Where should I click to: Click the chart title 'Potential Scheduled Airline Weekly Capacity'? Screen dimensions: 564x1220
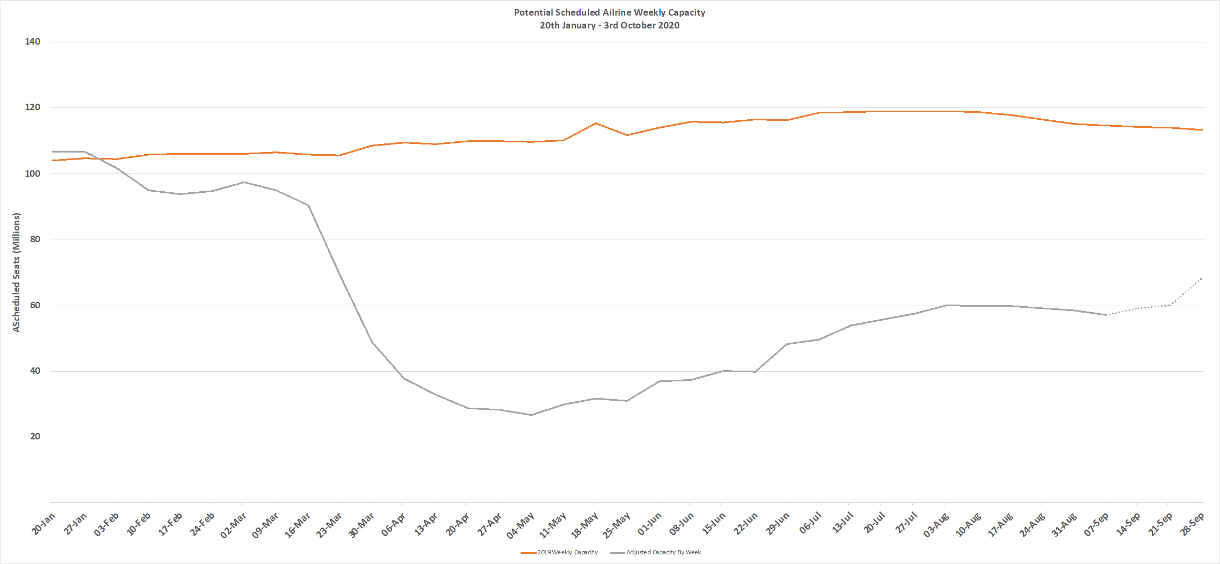[x=609, y=12]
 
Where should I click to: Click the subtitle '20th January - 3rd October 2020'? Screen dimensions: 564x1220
[x=609, y=25]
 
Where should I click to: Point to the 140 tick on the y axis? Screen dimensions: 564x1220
[x=32, y=42]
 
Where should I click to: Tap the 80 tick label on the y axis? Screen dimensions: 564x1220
[x=35, y=240]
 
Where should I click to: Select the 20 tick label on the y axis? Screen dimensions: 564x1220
[x=35, y=437]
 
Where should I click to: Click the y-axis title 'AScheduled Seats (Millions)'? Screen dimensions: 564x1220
[x=17, y=272]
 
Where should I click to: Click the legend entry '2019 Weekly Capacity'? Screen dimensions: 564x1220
[x=567, y=552]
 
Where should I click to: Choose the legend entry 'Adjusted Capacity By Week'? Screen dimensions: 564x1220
[x=663, y=552]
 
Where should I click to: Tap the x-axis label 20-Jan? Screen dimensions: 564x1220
[x=44, y=524]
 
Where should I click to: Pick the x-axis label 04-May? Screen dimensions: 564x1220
[x=521, y=525]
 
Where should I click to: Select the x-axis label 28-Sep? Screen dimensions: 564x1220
[x=1192, y=524]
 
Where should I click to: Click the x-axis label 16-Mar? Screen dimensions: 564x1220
[x=298, y=525]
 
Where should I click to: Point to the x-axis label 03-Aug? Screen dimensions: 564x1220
[x=936, y=525]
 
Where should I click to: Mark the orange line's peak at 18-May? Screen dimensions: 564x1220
[x=595, y=124]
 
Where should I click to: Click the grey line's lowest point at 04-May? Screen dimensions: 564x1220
[x=531, y=415]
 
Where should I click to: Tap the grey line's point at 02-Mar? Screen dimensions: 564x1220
[x=243, y=182]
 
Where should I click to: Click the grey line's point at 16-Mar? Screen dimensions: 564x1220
[x=308, y=205]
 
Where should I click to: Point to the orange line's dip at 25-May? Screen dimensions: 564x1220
[x=627, y=135]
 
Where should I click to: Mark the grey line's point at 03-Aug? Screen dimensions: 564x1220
[x=945, y=305]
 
